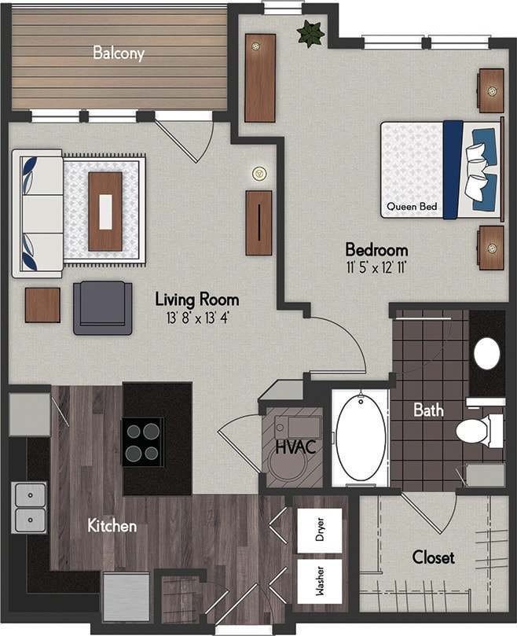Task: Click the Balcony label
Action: tap(119, 53)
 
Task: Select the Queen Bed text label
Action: tap(412, 208)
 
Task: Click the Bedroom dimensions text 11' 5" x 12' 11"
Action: tap(376, 268)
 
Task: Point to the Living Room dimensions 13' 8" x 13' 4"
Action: tap(196, 318)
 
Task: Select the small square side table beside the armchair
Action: tap(42, 305)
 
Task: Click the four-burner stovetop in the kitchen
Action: tap(142, 442)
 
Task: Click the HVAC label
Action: tap(295, 448)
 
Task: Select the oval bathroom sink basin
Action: tap(487, 354)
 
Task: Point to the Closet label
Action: tap(433, 557)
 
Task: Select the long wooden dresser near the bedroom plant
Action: tap(259, 78)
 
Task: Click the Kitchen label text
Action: tap(112, 525)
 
